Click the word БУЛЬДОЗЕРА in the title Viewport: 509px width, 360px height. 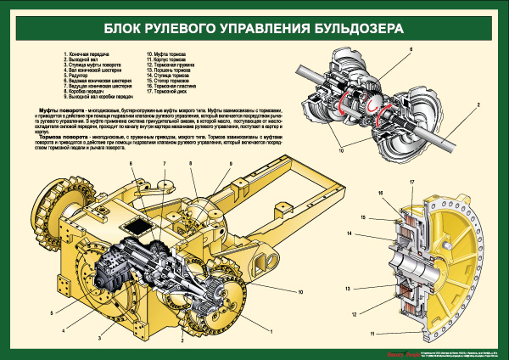click(x=356, y=28)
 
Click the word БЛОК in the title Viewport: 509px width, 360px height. click(x=127, y=28)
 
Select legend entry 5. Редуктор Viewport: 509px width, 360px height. click(x=80, y=76)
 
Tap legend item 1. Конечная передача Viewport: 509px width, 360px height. click(x=90, y=53)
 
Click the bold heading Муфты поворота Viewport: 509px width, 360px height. click(x=64, y=111)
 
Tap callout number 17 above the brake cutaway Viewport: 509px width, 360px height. click(x=411, y=183)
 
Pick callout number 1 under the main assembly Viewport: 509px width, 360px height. click(x=271, y=329)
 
